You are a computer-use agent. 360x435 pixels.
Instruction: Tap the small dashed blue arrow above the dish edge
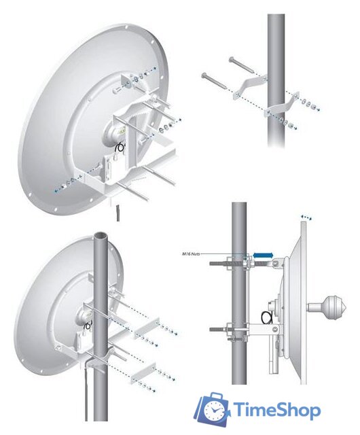point(307,217)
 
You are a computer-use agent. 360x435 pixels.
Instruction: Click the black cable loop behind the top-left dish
point(119,146)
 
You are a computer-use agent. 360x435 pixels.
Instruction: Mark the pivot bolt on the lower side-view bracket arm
point(274,330)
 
